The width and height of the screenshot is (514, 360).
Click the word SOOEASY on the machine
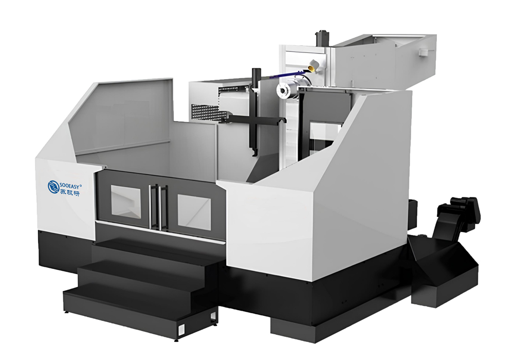[70, 186]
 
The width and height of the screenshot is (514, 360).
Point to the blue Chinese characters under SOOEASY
[70, 193]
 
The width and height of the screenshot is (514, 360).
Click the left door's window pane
[126, 202]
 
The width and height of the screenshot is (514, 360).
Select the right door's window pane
[194, 212]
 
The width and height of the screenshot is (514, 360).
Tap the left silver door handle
[151, 206]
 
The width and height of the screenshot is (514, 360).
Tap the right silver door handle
[160, 208]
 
